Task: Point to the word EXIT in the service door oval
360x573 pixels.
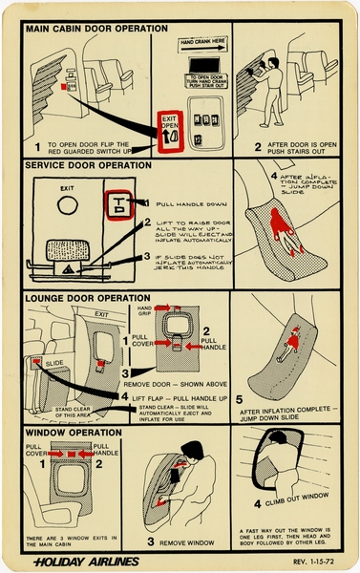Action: click(66, 188)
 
